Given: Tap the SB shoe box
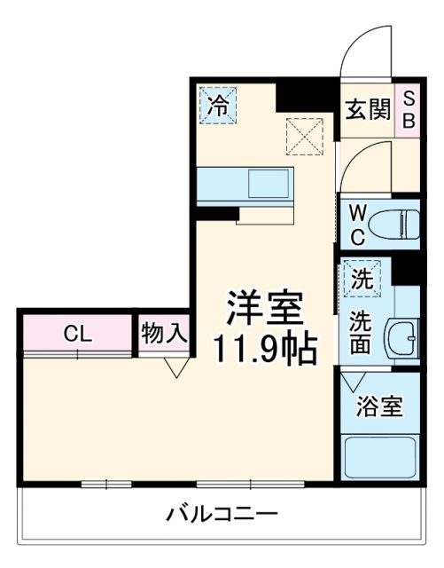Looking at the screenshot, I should click(409, 109).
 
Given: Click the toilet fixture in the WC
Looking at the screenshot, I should click(393, 225).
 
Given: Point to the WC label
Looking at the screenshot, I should click(356, 224).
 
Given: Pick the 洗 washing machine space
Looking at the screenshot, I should click(362, 279).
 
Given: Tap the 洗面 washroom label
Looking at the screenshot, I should click(362, 332).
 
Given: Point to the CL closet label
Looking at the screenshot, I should click(76, 334).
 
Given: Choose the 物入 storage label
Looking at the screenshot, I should click(163, 334).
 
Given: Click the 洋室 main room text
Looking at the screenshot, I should click(263, 308).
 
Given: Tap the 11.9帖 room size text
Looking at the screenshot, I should click(263, 350).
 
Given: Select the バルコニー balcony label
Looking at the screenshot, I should click(222, 514).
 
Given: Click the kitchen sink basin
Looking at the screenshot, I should click(267, 184).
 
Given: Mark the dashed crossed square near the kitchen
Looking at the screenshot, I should click(304, 136).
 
